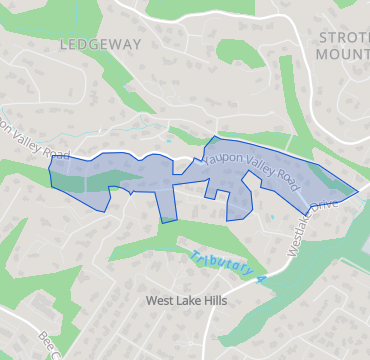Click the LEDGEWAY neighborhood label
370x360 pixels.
click(x=100, y=44)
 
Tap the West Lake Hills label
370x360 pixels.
click(x=187, y=300)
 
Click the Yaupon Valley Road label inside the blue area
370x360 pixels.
click(x=250, y=166)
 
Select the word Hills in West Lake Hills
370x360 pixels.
click(x=213, y=300)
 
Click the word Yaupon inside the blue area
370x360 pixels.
click(x=222, y=157)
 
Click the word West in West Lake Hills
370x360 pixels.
click(x=160, y=300)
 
